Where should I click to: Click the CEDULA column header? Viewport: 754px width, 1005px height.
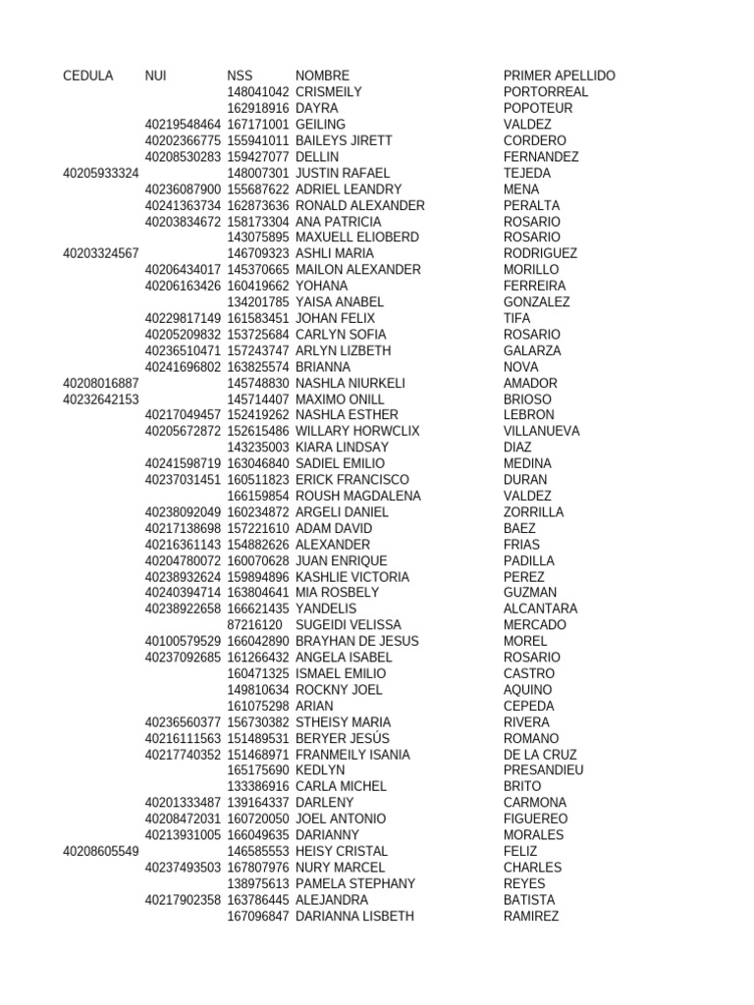point(87,76)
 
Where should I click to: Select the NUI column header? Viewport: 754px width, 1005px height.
point(155,76)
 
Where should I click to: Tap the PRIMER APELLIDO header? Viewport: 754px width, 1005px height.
point(559,76)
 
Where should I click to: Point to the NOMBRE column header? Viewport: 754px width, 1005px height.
point(322,76)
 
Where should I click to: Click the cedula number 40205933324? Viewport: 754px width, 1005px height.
point(100,173)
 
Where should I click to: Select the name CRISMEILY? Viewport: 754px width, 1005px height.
point(329,92)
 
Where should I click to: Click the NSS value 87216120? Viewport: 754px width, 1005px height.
point(254,625)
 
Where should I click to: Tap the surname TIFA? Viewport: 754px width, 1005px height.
point(516,318)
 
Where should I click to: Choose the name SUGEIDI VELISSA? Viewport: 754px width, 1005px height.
point(348,625)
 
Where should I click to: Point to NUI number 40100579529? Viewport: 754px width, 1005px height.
point(183,641)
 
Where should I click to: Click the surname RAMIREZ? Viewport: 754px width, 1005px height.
point(531,916)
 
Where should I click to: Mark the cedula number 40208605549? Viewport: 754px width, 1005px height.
point(100,851)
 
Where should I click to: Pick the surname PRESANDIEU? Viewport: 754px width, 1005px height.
point(543,770)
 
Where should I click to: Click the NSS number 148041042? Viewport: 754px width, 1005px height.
point(258,92)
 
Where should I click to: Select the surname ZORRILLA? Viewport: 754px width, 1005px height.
point(533,512)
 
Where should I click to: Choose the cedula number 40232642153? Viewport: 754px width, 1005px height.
point(100,399)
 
